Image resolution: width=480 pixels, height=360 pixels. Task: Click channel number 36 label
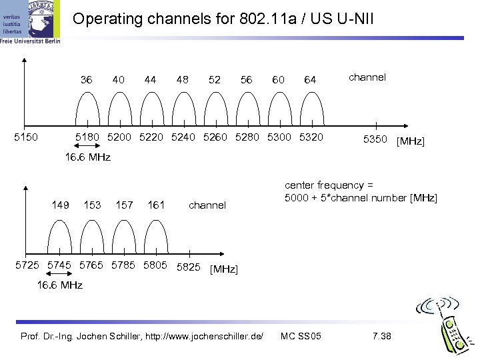[x=86, y=80]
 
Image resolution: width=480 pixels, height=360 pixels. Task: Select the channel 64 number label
[x=310, y=80]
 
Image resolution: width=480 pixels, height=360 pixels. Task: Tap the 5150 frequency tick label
[x=26, y=137]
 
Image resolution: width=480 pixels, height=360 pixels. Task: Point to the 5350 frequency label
[x=375, y=139]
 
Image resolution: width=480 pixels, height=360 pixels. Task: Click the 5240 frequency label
[x=183, y=137]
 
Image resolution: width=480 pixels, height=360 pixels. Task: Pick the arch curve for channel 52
[x=216, y=93]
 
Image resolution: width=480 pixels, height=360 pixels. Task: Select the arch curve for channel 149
[x=60, y=221]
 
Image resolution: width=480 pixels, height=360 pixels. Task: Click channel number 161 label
[x=156, y=205]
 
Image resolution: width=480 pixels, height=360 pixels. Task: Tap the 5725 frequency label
[x=27, y=265]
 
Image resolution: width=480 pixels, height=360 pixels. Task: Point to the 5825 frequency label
[x=188, y=267]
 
